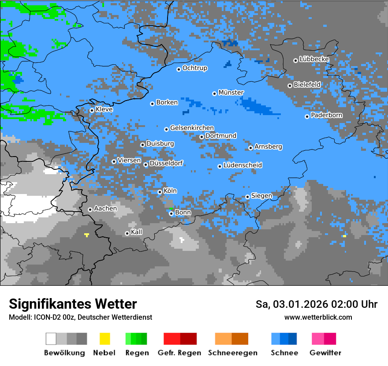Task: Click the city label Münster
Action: [231, 93]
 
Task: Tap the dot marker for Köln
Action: [160, 192]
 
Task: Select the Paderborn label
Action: [326, 116]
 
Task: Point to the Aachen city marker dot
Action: [90, 209]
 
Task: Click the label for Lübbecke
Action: [314, 59]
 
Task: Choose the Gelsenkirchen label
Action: [192, 128]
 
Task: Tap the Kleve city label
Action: [104, 109]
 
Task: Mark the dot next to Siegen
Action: [248, 197]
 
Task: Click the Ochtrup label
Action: [194, 68]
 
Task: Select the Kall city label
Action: [137, 232]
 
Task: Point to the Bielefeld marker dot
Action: [290, 86]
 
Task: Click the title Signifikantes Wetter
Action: [73, 304]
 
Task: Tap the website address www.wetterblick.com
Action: [318, 317]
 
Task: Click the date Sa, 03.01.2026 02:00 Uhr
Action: [316, 304]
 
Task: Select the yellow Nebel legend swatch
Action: [104, 339]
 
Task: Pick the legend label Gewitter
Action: [325, 353]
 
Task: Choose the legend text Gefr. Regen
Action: [179, 353]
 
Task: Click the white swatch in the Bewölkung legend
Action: [51, 339]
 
